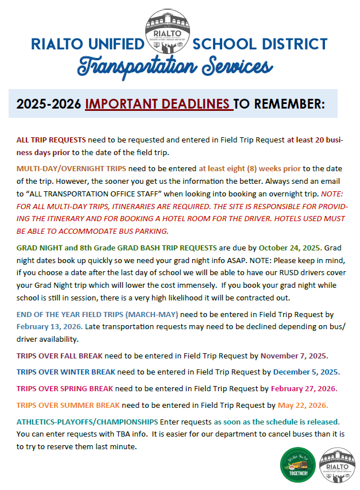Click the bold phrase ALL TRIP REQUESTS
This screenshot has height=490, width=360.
tap(51, 140)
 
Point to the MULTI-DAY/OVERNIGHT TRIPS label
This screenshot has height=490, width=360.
tap(71, 168)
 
